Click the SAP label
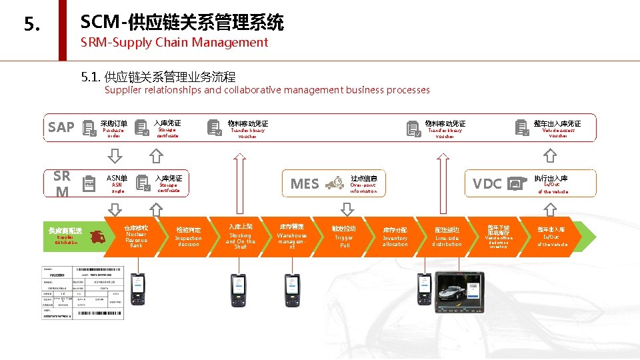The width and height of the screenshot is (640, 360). (x=61, y=127)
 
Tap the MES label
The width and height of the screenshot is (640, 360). (x=305, y=184)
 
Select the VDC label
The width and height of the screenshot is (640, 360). (x=487, y=184)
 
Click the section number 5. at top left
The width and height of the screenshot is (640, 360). (x=32, y=25)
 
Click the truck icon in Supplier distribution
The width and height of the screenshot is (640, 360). (x=97, y=237)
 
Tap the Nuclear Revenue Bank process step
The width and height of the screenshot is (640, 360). (x=136, y=237)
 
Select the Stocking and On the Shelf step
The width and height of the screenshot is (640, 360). (x=240, y=237)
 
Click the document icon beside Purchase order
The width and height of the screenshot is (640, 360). (x=87, y=128)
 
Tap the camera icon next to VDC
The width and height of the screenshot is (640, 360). (x=515, y=183)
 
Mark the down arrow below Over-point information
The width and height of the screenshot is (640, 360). (x=347, y=209)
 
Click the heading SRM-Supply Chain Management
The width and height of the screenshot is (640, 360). (x=174, y=43)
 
